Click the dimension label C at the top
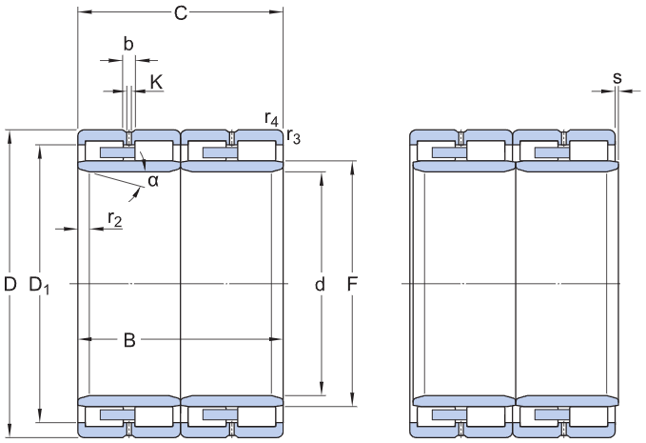[181, 12]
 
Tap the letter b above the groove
[128, 44]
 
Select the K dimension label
[156, 83]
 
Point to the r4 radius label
[271, 119]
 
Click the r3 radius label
[293, 136]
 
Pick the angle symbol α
[153, 181]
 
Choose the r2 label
[115, 218]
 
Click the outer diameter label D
[10, 284]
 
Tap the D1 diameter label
[39, 285]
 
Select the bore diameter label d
[320, 284]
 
